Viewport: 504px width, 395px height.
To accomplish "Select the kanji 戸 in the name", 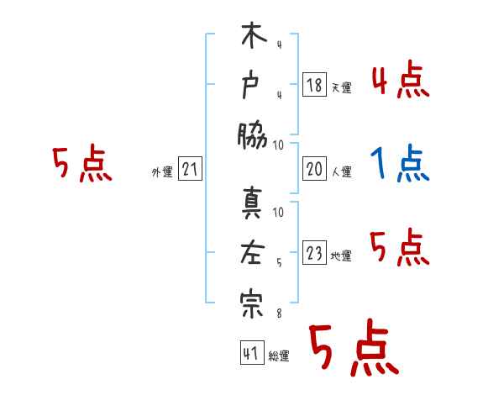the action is [252, 86].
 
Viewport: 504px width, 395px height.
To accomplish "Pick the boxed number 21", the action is [189, 170].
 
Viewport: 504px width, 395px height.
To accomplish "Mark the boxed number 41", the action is [250, 352].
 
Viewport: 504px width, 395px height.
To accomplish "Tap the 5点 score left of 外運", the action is [81, 163].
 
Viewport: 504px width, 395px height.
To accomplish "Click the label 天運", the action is [341, 87].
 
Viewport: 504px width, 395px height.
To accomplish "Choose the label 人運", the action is [341, 171].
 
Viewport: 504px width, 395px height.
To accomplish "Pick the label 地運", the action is [341, 255].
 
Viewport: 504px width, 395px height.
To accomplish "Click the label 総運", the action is [278, 355].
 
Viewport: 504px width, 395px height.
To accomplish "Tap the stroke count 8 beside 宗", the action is [278, 313].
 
